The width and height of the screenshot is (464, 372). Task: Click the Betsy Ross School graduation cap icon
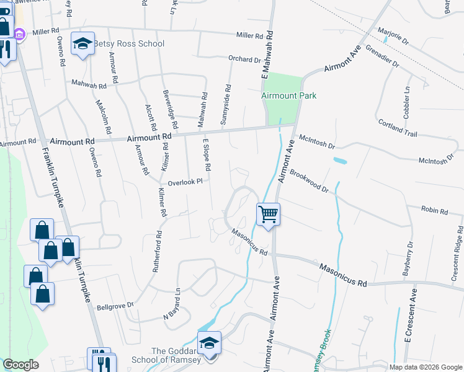pos(82,43)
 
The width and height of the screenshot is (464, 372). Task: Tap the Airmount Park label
pos(288,95)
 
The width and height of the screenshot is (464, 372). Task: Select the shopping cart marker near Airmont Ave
pos(268,215)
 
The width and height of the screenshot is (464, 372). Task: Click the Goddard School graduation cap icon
pos(209,343)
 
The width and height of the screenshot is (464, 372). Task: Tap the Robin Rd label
pos(434,211)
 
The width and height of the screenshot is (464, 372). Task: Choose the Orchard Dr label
pos(244,60)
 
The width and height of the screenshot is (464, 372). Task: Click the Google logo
pos(20,365)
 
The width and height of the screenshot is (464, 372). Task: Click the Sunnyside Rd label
pos(226,104)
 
